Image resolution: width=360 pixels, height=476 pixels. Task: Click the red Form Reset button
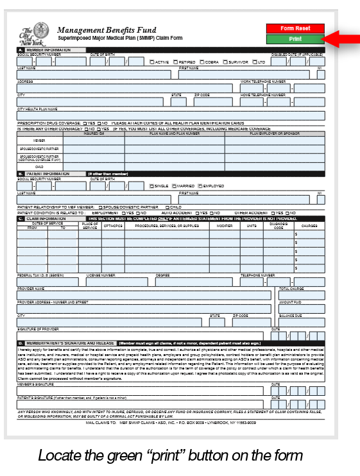(x=295, y=28)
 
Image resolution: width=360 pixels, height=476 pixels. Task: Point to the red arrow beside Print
(x=339, y=39)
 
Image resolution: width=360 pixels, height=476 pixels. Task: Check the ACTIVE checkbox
(x=151, y=62)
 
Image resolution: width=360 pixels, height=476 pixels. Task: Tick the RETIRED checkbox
(x=173, y=62)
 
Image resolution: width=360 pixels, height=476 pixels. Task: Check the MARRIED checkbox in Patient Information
(x=174, y=186)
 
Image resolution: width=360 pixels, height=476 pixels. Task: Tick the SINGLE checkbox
(x=151, y=186)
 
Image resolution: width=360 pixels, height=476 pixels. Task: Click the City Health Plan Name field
(x=171, y=115)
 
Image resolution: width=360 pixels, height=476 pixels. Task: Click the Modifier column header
(x=225, y=226)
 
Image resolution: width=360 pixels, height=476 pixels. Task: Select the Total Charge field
(x=301, y=295)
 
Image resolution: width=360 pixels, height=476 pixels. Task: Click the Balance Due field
(x=301, y=321)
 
